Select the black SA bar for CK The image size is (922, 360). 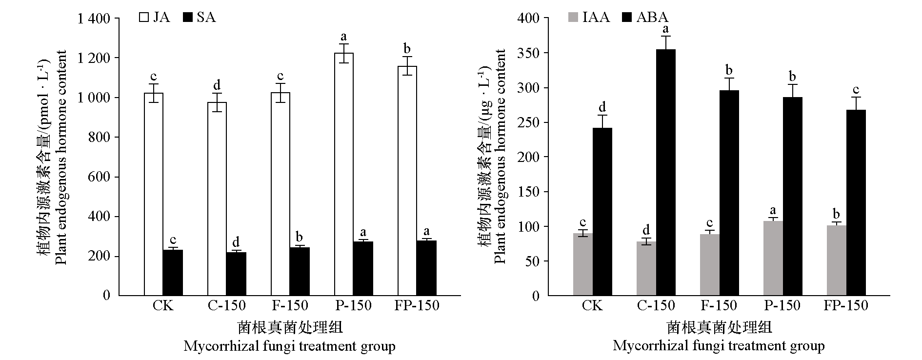[173, 273]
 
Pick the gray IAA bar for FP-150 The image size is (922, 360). [837, 260]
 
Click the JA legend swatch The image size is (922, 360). [144, 18]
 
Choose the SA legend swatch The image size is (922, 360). [187, 18]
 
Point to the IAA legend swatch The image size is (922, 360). [573, 18]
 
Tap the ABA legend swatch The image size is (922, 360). [627, 18]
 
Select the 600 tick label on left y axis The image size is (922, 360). [100, 177]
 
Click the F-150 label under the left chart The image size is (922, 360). [290, 306]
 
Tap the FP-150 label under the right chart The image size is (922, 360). [846, 306]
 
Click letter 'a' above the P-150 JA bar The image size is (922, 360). [343, 37]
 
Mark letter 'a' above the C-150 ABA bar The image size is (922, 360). [665, 29]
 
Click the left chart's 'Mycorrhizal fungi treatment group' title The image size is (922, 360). [289, 346]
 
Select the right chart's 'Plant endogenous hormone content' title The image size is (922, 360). [500, 156]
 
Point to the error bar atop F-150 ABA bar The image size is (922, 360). [729, 84]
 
